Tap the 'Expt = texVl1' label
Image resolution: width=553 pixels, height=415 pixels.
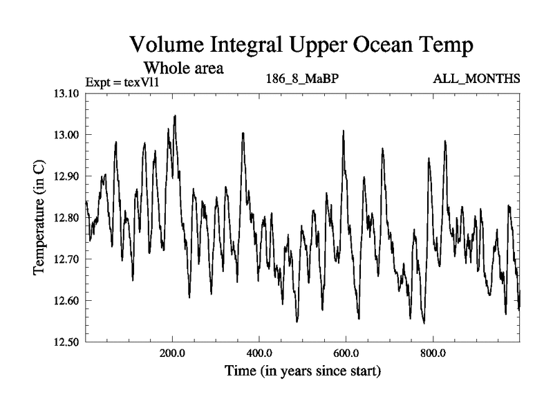(x=122, y=82)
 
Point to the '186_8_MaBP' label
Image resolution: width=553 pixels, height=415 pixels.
(x=301, y=78)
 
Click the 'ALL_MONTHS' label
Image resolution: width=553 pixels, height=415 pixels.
(x=476, y=78)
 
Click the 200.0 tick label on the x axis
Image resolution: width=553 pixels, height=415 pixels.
(x=172, y=354)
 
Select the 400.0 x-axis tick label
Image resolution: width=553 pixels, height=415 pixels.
(x=259, y=354)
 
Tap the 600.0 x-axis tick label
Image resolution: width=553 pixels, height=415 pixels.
(x=346, y=354)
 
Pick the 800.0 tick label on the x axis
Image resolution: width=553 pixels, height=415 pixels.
(x=433, y=354)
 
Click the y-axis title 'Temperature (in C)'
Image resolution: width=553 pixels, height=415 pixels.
(x=39, y=218)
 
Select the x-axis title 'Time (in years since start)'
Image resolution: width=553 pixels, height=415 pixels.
(x=302, y=371)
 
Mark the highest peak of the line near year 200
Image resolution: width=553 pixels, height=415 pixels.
(x=175, y=116)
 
